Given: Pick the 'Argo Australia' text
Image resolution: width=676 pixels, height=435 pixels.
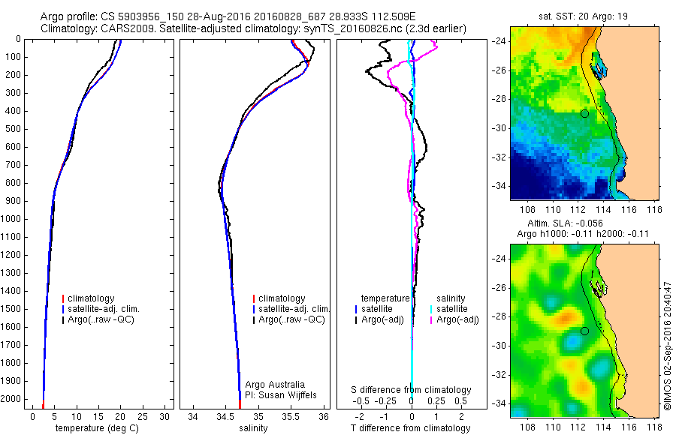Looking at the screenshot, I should (276, 384).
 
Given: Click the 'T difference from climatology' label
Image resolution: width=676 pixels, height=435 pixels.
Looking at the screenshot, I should (412, 428).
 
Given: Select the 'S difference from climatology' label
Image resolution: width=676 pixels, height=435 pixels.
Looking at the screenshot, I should (412, 390).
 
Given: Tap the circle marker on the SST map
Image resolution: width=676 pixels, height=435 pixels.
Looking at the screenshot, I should (584, 113).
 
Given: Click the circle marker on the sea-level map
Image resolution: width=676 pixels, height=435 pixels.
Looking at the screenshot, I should (584, 331).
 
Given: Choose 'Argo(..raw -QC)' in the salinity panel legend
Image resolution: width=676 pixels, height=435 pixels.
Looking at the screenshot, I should (291, 319).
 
